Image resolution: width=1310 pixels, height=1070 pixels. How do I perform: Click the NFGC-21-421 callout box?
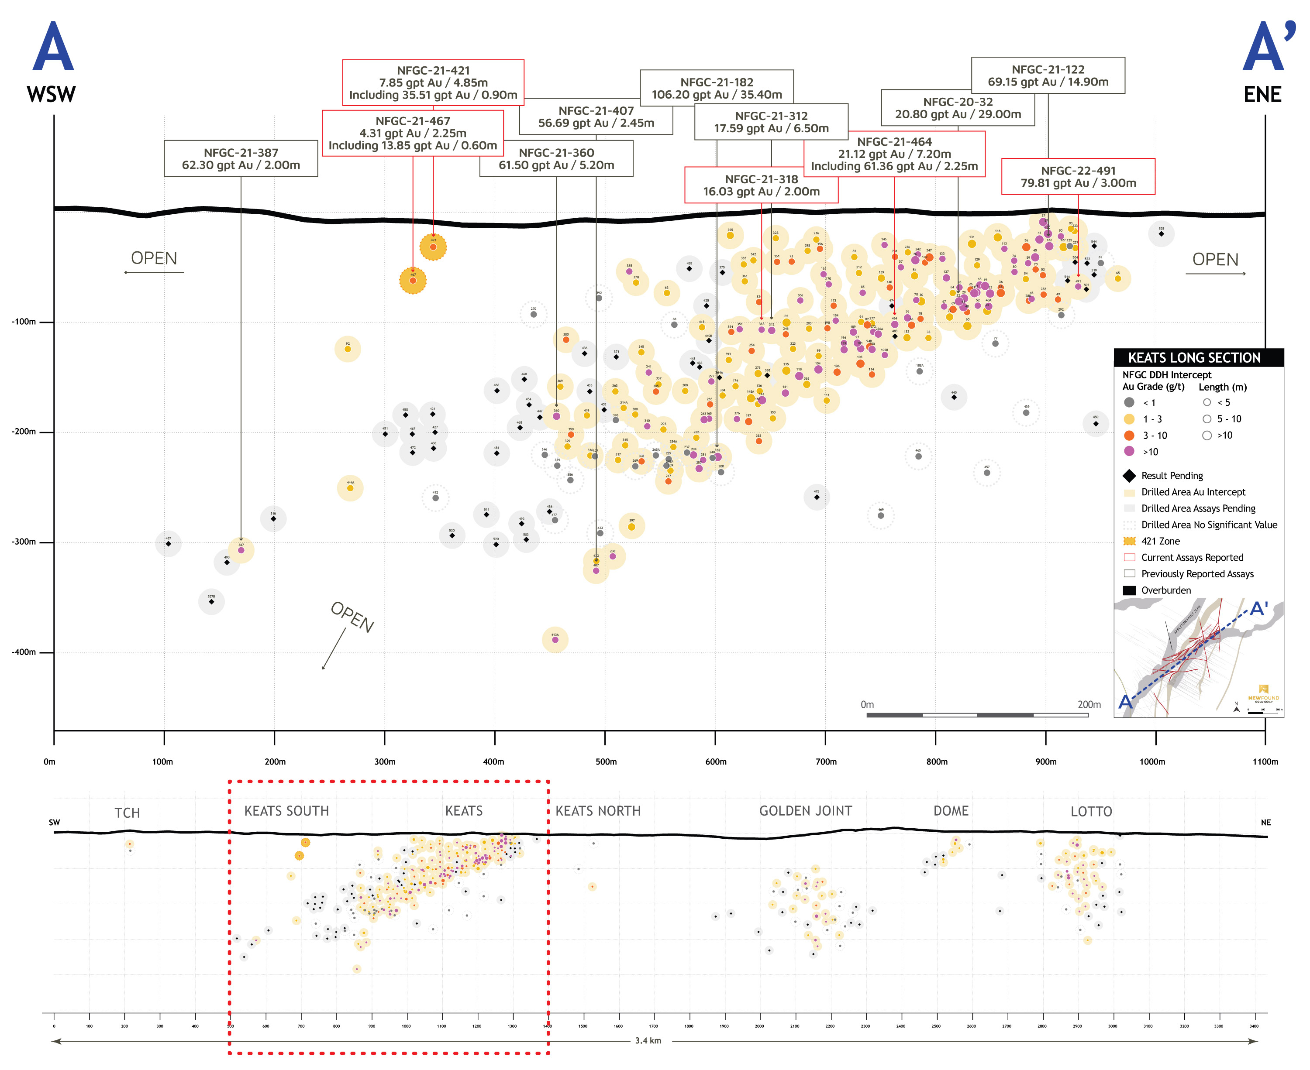tap(433, 82)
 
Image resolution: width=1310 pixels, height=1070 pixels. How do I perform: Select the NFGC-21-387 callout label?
tap(241, 158)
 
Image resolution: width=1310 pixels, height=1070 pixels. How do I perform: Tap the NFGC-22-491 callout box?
tap(1078, 177)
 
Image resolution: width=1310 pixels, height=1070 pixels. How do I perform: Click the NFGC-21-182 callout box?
tap(717, 88)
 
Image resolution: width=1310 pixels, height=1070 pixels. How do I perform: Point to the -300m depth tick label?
tap(24, 542)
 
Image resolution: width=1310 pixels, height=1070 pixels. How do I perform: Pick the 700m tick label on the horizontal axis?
tap(826, 762)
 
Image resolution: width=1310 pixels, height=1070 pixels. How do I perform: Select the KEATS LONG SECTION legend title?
tap(1194, 357)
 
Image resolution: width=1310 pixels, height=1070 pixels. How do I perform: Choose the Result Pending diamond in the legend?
tap(1129, 476)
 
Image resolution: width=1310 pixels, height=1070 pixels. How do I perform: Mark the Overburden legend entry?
tap(1165, 590)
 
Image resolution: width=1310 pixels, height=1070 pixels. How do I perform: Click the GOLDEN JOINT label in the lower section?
tap(806, 811)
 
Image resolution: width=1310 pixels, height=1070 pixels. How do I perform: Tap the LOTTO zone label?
tap(1091, 812)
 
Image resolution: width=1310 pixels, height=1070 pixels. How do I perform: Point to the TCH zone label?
tap(127, 813)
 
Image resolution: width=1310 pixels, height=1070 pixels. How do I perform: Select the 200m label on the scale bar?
tap(1089, 704)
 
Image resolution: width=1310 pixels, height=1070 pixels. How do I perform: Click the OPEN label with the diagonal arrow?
tap(352, 617)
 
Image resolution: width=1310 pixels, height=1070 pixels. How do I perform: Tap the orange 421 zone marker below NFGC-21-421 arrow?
tap(433, 247)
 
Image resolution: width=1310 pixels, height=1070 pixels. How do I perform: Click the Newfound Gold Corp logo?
tap(1263, 693)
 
